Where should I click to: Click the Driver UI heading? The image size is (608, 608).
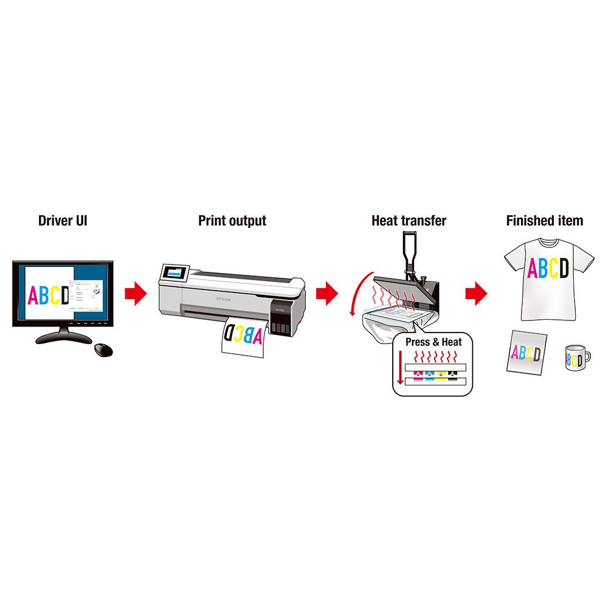(x=63, y=220)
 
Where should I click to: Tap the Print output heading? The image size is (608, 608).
(x=232, y=220)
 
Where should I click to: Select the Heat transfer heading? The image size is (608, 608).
(x=409, y=220)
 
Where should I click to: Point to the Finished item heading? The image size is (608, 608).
(x=544, y=220)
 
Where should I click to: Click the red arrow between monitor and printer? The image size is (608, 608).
(x=136, y=294)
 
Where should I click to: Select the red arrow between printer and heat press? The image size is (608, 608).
(x=326, y=294)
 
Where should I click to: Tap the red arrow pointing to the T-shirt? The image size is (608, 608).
(x=477, y=294)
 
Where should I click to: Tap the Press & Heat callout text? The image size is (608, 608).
(x=434, y=342)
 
